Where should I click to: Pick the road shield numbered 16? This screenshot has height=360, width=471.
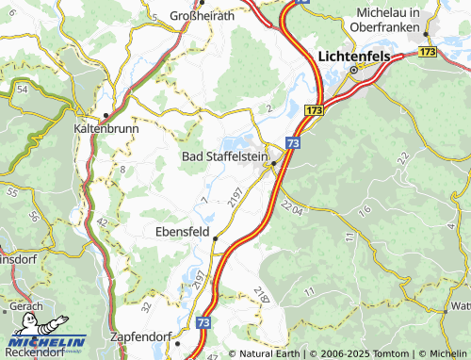pyautogui.click(x=365, y=205)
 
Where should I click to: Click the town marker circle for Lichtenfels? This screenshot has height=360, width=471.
pyautogui.click(x=354, y=71)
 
